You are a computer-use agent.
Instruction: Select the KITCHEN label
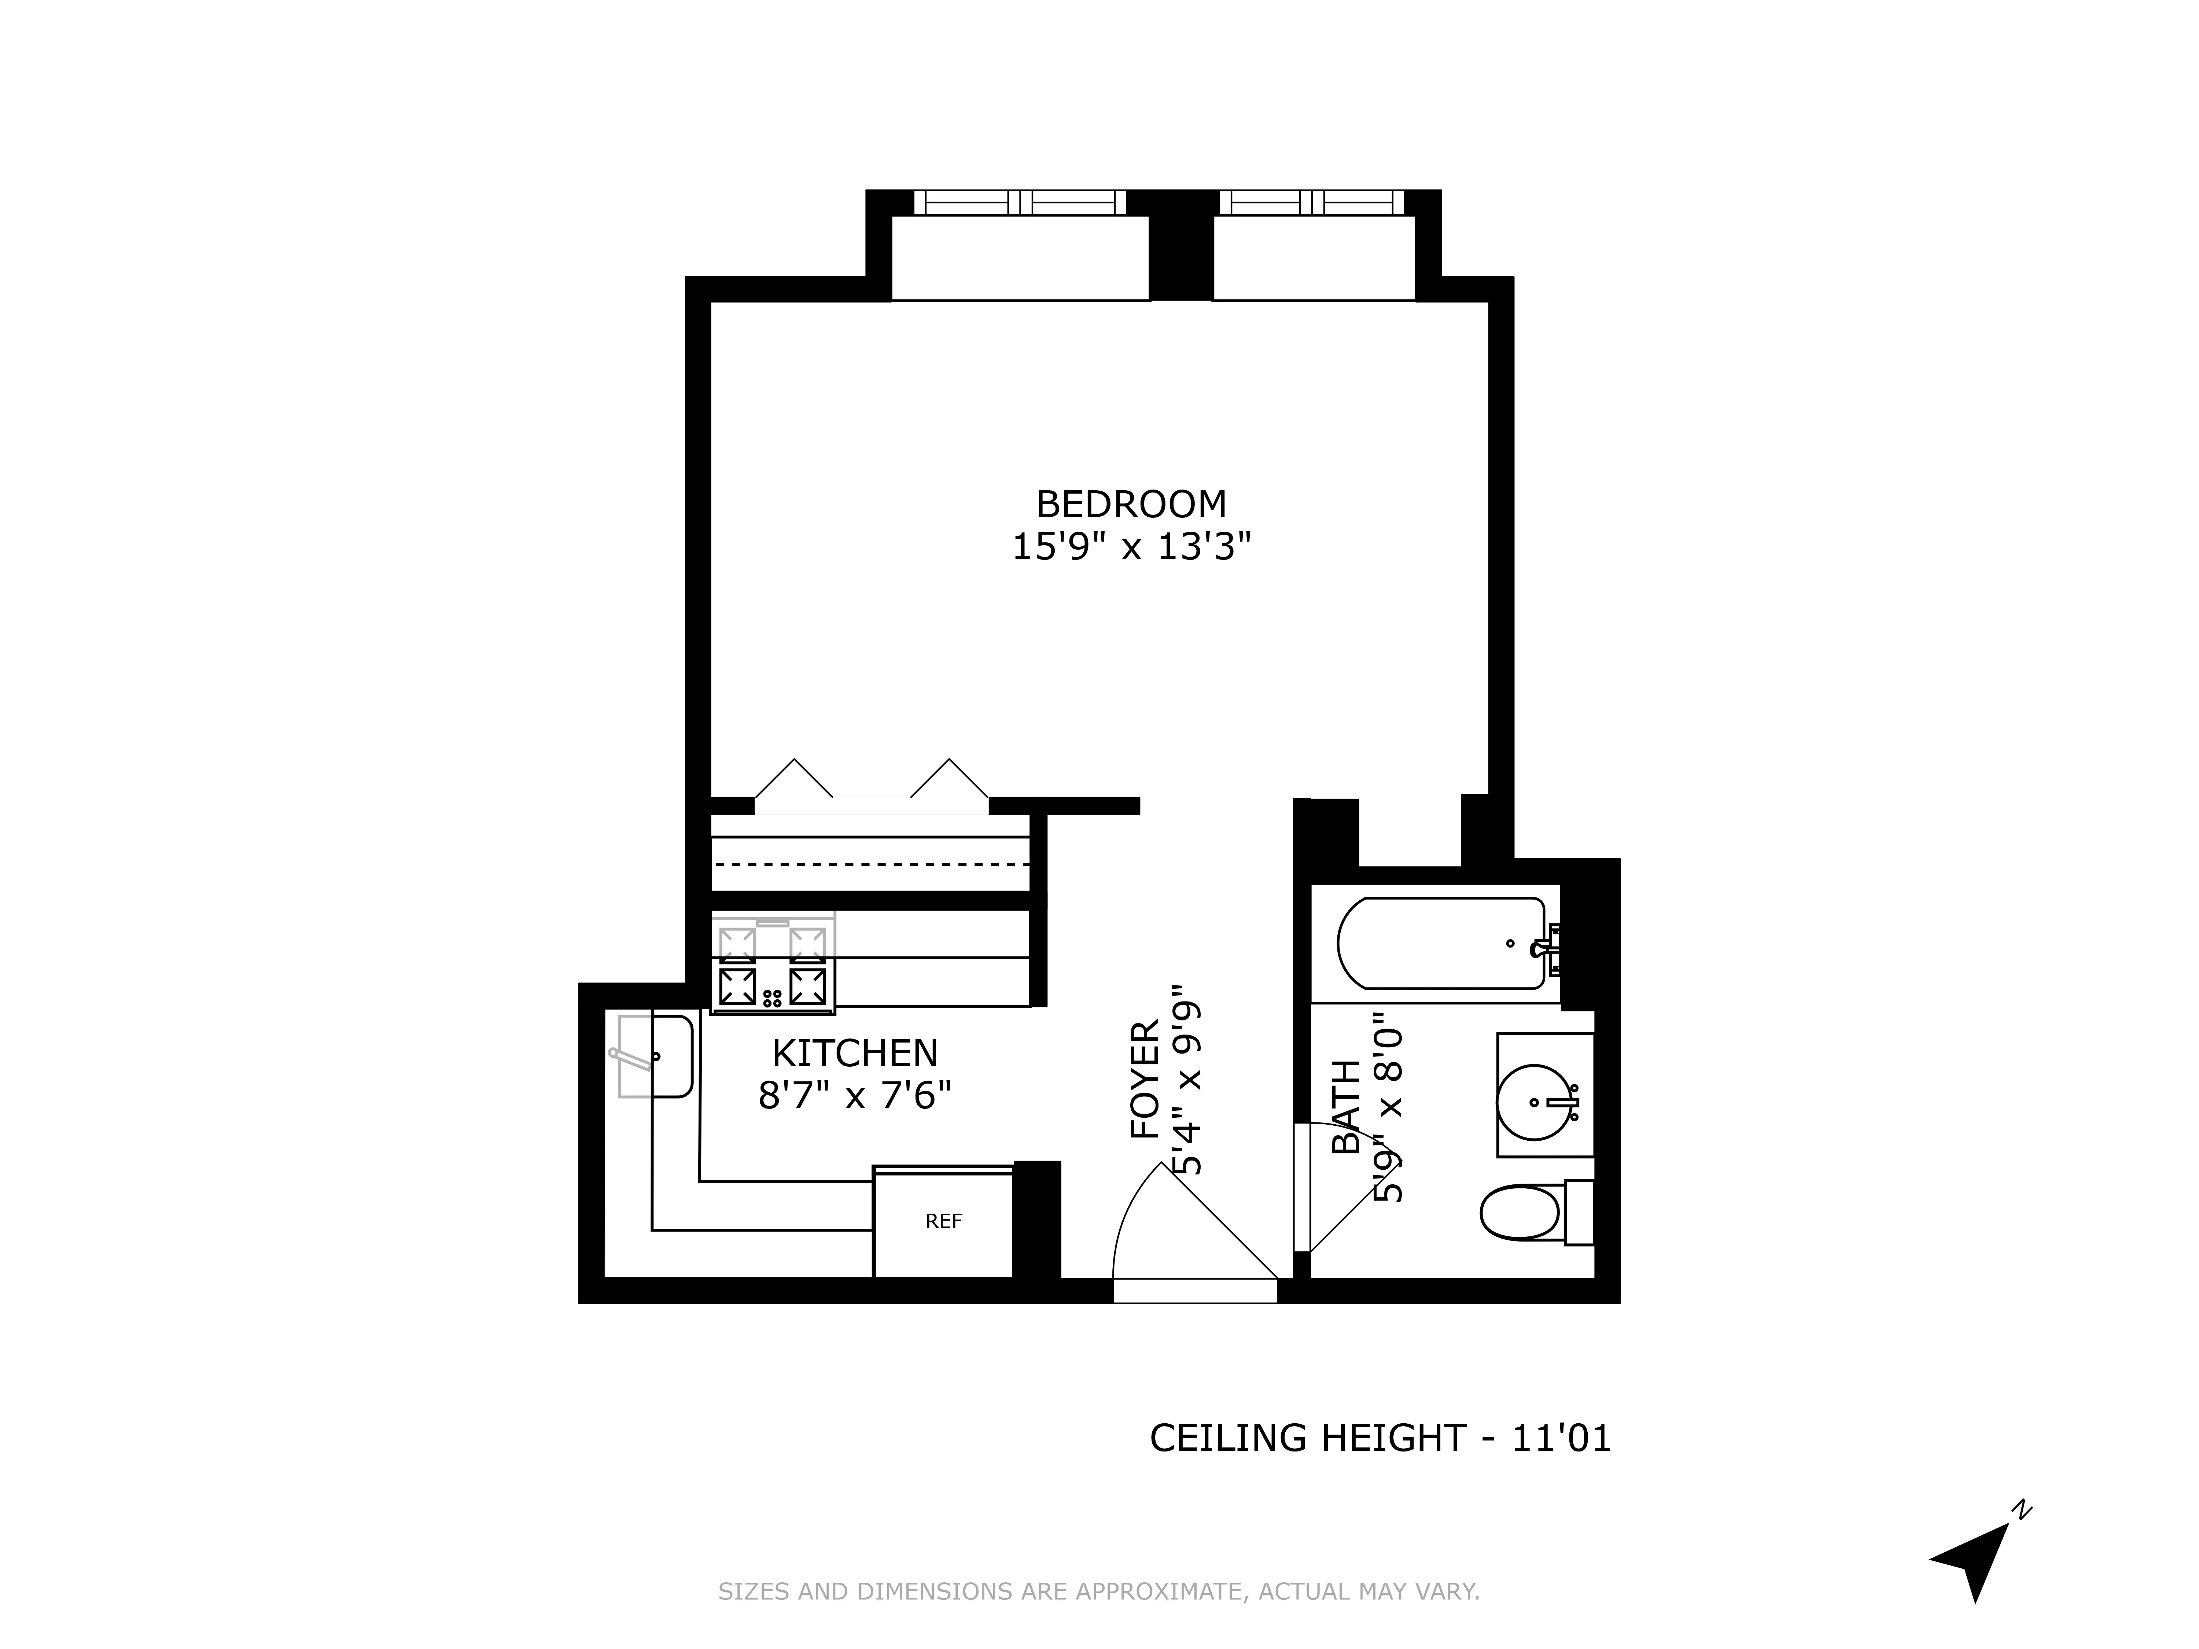pyautogui.click(x=855, y=1054)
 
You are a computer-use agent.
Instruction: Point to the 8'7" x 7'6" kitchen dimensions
pyautogui.click(x=855, y=1096)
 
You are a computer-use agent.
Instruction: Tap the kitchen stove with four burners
pyautogui.click(x=773, y=964)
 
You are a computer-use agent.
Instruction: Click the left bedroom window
pyautogui.click(x=1020, y=203)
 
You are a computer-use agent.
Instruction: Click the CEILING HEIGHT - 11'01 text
pyautogui.click(x=1380, y=1438)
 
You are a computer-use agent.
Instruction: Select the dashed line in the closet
pyautogui.click(x=871, y=864)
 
